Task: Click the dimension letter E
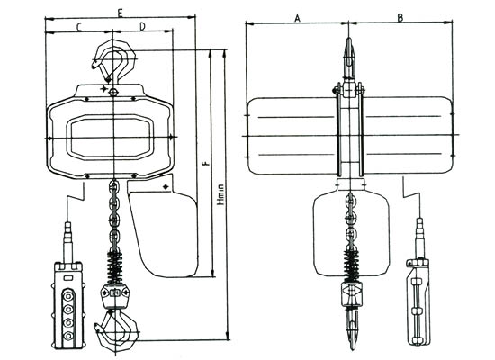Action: coord(120,13)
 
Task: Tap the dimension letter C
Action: coord(79,28)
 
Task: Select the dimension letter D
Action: coord(143,27)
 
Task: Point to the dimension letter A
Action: coord(297,18)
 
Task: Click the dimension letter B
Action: coord(400,18)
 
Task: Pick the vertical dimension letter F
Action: coord(205,163)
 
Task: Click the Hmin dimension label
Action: coord(221,194)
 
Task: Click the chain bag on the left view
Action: coord(164,234)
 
